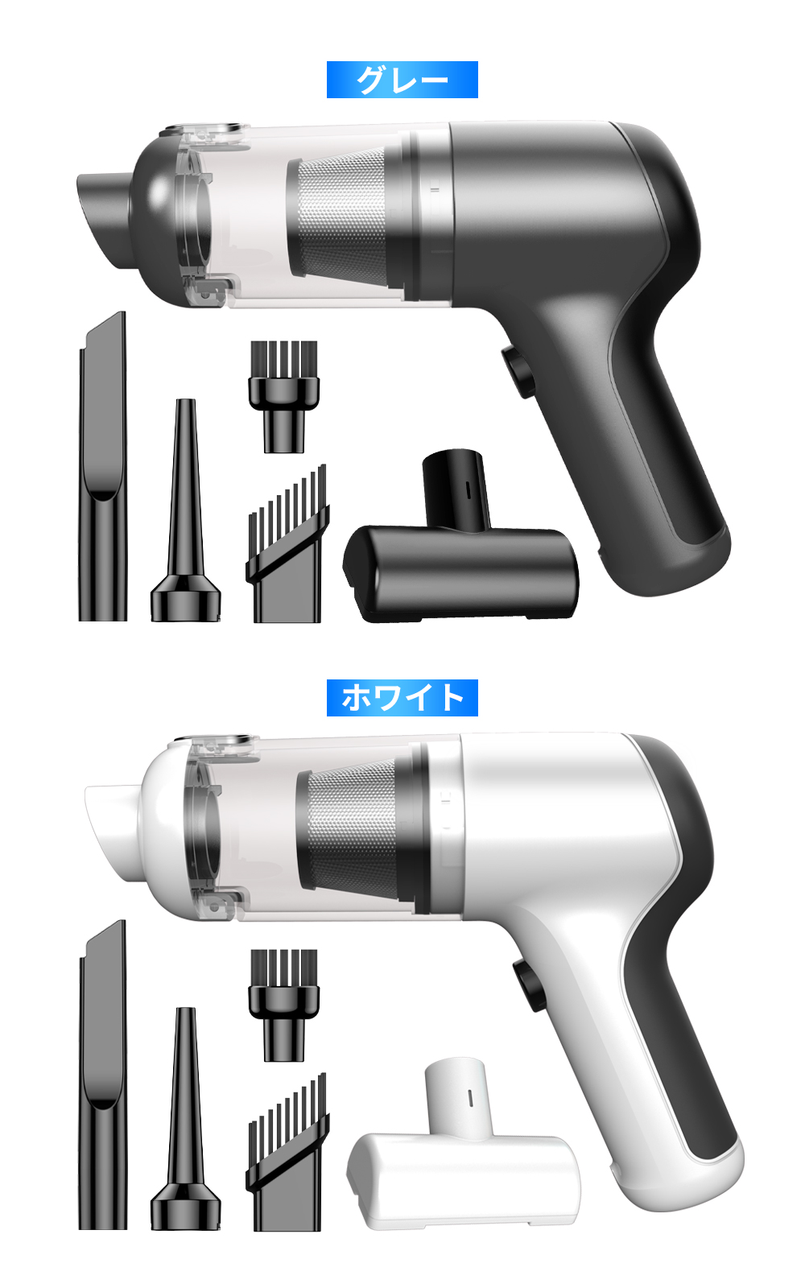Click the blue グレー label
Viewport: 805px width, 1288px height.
(402, 80)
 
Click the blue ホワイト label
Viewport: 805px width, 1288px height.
(402, 697)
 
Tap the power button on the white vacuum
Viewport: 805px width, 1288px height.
(527, 985)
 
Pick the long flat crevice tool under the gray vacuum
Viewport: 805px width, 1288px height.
(102, 466)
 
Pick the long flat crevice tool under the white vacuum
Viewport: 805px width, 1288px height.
(102, 1075)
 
